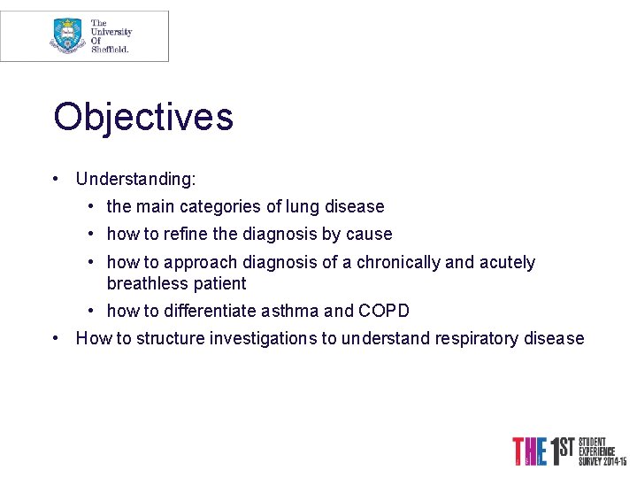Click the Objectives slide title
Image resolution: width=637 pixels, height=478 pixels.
143,118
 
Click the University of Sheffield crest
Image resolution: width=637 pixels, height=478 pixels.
67,35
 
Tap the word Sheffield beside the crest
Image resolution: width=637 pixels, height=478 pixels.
110,50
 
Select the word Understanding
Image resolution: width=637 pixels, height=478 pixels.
134,179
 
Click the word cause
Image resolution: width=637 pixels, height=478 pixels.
371,235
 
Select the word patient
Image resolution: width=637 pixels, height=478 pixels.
221,284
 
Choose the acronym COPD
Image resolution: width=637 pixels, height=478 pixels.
383,312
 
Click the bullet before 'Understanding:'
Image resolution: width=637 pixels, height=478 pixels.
56,179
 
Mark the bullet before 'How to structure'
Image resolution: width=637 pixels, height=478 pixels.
56,339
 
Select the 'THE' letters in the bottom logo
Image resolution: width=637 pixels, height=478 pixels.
528,451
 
